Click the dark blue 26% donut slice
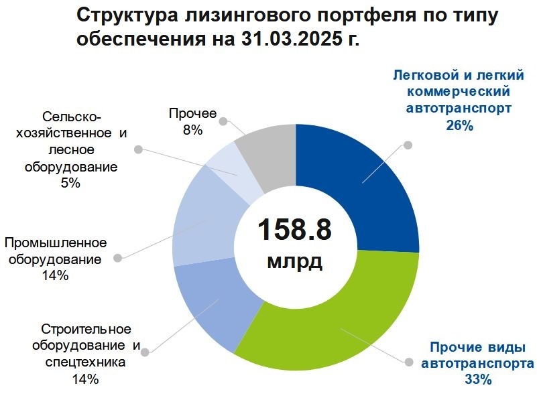[362, 181]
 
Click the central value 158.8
[295, 229]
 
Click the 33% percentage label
[478, 380]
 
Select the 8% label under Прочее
[192, 131]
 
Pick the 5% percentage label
[70, 183]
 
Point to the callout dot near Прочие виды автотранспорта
[408, 361]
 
